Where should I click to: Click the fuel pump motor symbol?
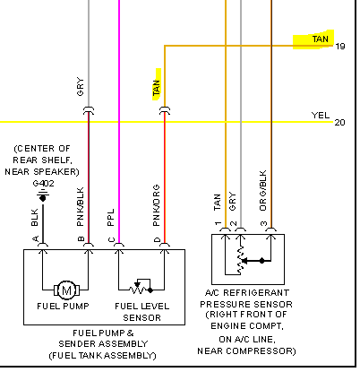[66, 290]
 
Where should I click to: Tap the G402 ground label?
[43, 183]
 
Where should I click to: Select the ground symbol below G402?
[43, 195]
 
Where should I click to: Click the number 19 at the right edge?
[340, 47]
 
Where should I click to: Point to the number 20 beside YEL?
[339, 123]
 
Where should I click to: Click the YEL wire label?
[321, 116]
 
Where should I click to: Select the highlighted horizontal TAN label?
[321, 39]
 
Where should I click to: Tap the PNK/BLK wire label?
[81, 207]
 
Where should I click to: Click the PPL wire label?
[110, 217]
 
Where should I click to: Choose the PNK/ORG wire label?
[156, 205]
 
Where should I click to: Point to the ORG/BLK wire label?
[262, 191]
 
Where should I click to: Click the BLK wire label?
[35, 217]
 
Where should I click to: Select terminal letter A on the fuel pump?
[36, 239]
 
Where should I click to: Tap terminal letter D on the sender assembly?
[158, 240]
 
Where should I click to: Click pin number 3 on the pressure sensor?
[263, 223]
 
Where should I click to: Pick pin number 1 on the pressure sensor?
[218, 223]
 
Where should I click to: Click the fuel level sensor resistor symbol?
[141, 287]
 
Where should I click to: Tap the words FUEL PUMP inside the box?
[63, 307]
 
